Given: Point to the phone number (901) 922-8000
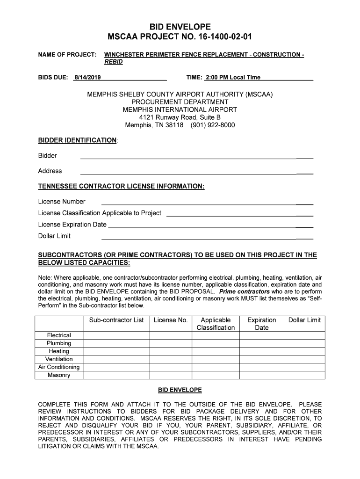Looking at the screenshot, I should pyautogui.click(x=213, y=125).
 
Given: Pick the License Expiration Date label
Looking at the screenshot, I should pyautogui.click(x=72, y=225).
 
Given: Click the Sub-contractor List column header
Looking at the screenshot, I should pyautogui.click(x=116, y=320).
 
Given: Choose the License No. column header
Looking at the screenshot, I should pyautogui.click(x=171, y=320).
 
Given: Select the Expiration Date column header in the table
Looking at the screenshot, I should pyautogui.click(x=261, y=324).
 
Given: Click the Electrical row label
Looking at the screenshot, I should pyautogui.click(x=59, y=335).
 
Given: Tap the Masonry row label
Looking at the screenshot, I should pyautogui.click(x=59, y=375).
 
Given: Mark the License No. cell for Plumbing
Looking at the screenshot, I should pyautogui.click(x=171, y=343).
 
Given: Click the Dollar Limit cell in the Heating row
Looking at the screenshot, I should pyautogui.click(x=304, y=351).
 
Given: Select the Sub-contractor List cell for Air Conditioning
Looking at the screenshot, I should pyautogui.click(x=116, y=367).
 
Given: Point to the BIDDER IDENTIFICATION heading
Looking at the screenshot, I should pyautogui.click(x=77, y=140).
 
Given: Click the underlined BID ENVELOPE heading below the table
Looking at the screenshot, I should pyautogui.click(x=180, y=390).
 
